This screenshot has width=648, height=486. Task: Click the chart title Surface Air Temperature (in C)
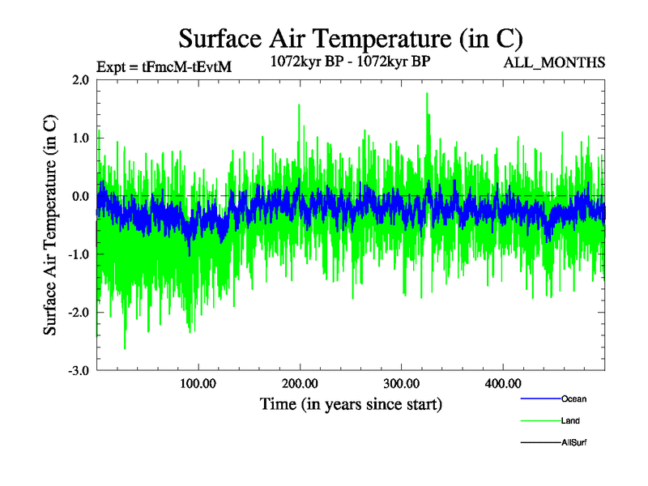point(351,38)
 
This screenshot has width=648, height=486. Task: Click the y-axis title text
point(50,225)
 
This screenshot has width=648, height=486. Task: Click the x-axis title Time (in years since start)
point(351,403)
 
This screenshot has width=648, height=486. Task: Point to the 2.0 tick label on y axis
point(80,80)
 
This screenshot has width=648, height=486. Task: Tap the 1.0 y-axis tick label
point(80,138)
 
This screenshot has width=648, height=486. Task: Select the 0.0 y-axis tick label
point(80,196)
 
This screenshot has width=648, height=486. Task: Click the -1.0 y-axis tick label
point(79,254)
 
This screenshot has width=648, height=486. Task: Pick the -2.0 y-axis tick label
point(79,312)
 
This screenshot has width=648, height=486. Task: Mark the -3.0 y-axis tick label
point(79,370)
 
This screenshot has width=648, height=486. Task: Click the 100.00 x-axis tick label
point(198,383)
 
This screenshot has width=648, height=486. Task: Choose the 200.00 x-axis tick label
point(300,383)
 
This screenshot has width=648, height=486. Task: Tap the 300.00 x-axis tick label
point(401,383)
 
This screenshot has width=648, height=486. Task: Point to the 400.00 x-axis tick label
point(503,383)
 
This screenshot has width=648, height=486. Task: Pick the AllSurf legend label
point(573,442)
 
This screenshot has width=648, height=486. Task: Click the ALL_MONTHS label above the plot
point(555,62)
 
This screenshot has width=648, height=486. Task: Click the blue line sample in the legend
point(539,399)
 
